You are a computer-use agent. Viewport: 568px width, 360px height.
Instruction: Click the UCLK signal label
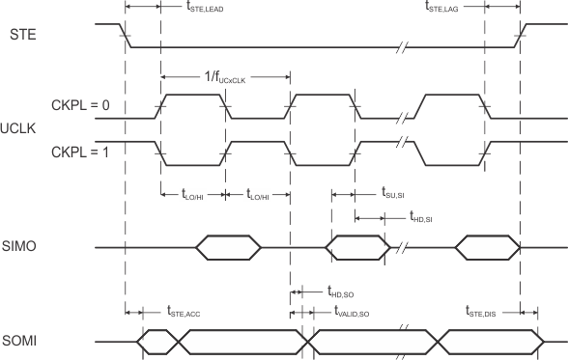(x=20, y=127)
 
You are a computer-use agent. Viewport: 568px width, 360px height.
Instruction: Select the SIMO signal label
(x=23, y=248)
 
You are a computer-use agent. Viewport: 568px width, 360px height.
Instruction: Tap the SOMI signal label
(x=23, y=340)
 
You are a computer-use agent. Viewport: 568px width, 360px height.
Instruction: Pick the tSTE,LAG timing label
(x=448, y=7)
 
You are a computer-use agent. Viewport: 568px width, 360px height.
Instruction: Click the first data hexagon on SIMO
(x=228, y=248)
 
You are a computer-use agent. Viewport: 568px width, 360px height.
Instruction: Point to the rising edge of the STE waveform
(x=522, y=35)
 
